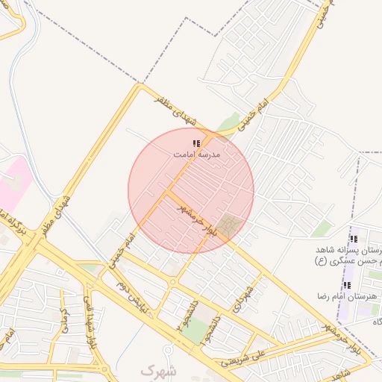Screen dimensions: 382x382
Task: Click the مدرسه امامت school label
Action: pos(197,154)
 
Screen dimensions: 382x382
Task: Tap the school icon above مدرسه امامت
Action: pos(197,143)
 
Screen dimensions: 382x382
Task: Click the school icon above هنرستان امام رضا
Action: pos(347,285)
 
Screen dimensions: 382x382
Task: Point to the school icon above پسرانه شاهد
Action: pos(354,239)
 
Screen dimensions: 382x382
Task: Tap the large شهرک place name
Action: pos(159,370)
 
